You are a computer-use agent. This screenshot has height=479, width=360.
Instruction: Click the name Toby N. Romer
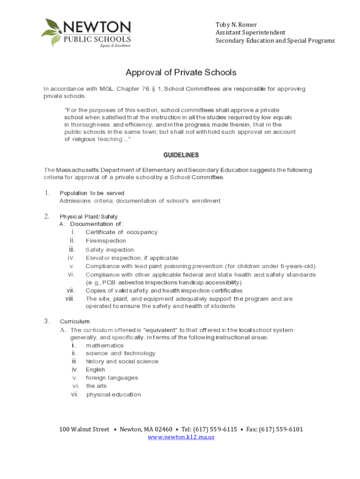click(x=236, y=24)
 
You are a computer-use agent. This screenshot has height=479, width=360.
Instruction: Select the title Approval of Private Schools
click(x=181, y=73)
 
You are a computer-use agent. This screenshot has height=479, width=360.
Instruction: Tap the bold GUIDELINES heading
click(x=181, y=155)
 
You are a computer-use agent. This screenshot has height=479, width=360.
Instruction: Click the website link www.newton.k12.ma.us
click(x=181, y=437)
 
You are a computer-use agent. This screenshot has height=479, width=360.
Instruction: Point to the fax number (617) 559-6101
click(x=281, y=429)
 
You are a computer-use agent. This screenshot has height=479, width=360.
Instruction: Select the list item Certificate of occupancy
click(x=122, y=232)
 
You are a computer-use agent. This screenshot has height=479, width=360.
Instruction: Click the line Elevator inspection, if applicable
click(x=132, y=258)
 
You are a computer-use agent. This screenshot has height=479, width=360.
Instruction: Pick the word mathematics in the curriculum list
click(x=105, y=345)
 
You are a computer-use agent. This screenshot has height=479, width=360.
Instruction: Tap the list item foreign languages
click(x=112, y=377)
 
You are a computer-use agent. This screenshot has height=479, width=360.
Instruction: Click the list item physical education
click(x=114, y=394)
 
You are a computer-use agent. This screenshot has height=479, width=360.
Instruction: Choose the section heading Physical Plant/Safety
click(x=89, y=217)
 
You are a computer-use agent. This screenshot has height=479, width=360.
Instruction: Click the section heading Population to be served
click(x=92, y=193)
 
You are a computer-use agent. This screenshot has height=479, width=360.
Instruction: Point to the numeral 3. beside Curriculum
click(x=47, y=321)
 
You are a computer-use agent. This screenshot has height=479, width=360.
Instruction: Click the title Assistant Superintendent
click(x=250, y=33)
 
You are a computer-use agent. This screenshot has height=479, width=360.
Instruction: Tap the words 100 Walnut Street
click(x=84, y=429)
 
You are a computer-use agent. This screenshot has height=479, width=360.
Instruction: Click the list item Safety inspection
click(x=109, y=250)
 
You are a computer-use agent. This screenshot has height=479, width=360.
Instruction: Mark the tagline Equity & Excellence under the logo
click(x=115, y=46)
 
